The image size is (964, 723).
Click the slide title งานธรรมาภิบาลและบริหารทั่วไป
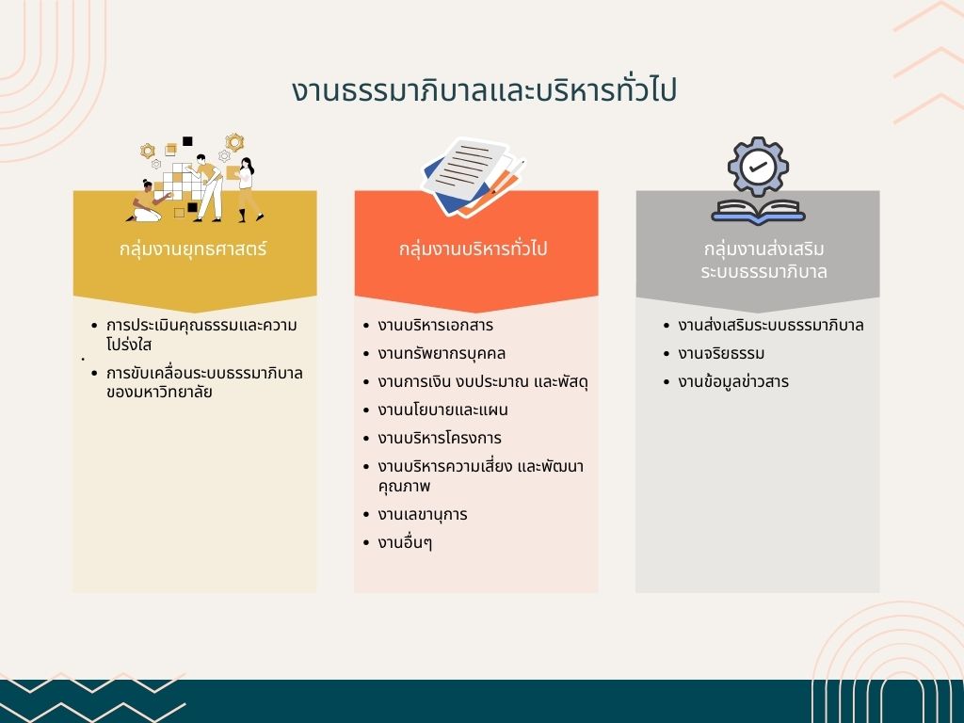(484, 90)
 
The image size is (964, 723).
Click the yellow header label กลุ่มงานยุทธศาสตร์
(193, 249)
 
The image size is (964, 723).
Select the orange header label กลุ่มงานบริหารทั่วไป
(473, 249)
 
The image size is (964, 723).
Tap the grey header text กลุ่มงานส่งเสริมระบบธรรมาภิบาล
(763, 260)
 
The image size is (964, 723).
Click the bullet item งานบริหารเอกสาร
(435, 325)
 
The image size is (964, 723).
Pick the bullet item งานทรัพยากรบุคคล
(442, 354)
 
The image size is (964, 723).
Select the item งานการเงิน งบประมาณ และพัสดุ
(483, 382)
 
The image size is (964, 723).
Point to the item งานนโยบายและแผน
(442, 410)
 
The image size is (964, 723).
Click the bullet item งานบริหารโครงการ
(440, 439)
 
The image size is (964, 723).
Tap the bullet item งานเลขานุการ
(423, 515)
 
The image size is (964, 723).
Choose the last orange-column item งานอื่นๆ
(405, 543)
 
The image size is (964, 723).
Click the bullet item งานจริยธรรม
(721, 354)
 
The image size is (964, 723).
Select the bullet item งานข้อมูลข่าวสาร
(732, 382)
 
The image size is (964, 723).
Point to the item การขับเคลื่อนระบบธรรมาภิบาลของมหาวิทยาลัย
(204, 382)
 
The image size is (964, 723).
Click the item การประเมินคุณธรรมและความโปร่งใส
(201, 334)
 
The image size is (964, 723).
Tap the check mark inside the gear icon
(758, 167)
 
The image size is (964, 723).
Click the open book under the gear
(758, 212)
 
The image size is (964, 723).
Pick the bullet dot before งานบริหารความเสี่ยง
(366, 467)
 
